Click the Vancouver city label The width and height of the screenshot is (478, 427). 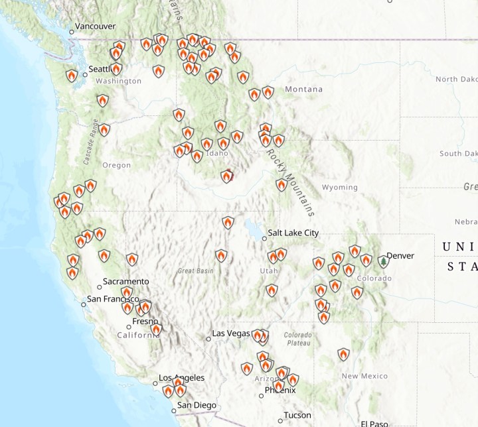coord(96,26)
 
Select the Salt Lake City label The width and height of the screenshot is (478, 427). coord(292,233)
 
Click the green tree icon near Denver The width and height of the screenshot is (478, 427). coord(384,262)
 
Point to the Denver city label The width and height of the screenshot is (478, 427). coord(400,255)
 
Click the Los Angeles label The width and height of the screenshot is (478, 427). coord(181,378)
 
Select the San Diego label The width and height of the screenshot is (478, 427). coord(197,405)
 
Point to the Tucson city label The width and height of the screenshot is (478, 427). coord(297,415)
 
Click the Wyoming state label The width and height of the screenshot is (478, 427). coord(339,188)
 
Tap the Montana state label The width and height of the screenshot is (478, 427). coord(303,90)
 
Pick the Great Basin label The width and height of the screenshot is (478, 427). coord(195,271)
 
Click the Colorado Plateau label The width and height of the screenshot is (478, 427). coord(297,339)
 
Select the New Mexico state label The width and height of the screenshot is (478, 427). coord(364,376)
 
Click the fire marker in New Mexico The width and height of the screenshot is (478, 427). coord(343,354)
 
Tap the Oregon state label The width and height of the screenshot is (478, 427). coord(116,165)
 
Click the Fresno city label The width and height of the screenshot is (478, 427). coord(144,321)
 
